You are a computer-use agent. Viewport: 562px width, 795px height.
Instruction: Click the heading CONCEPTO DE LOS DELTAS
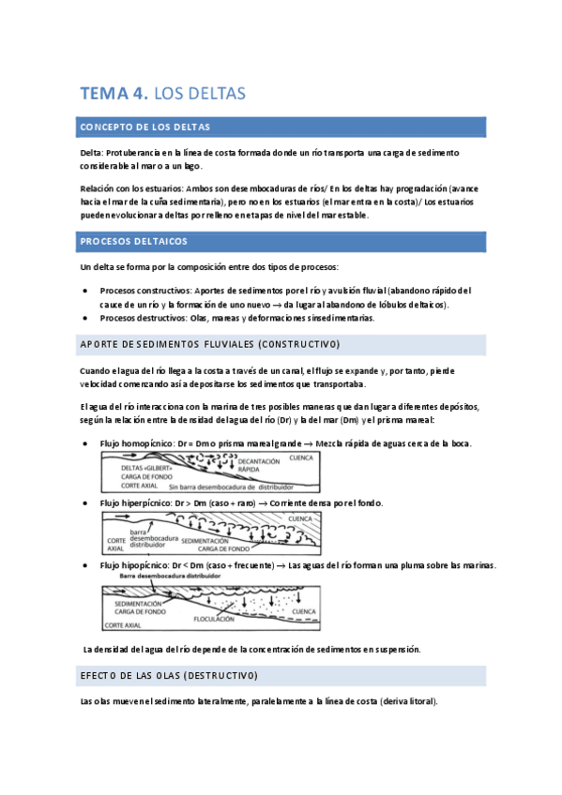[x=145, y=127]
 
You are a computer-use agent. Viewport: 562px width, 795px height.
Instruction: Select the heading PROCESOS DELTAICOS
[x=134, y=241]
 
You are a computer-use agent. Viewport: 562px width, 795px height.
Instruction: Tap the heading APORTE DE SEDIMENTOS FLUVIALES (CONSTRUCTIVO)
[x=210, y=344]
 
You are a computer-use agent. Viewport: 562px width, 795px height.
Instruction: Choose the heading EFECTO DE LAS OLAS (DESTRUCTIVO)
[x=169, y=675]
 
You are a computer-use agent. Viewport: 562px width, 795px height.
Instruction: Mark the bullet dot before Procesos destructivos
[x=87, y=318]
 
